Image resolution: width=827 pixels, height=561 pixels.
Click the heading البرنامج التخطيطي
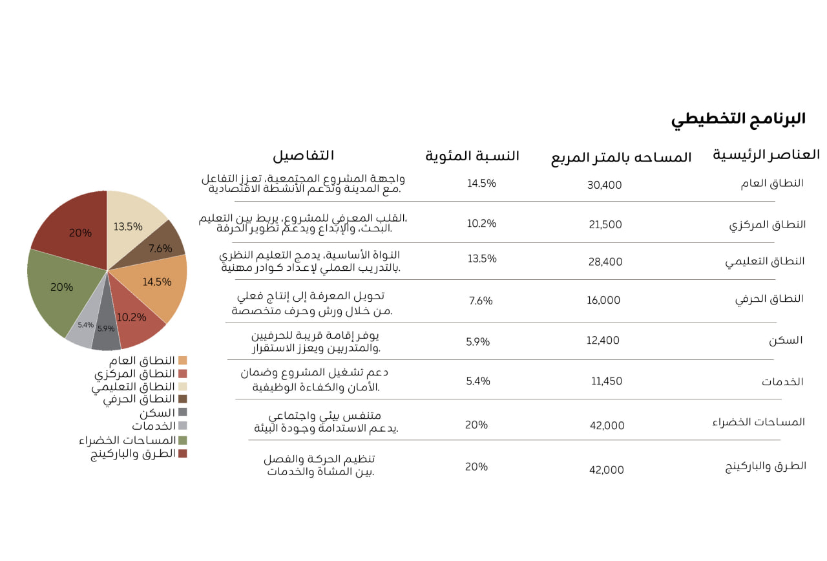(738, 120)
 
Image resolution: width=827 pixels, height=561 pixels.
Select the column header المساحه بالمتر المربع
(621, 158)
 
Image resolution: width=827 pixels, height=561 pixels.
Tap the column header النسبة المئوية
(472, 156)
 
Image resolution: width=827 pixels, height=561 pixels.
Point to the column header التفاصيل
(303, 156)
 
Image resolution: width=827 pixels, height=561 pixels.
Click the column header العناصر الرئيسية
(766, 155)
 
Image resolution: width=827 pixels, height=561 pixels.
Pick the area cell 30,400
(604, 185)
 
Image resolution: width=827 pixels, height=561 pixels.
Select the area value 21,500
(605, 225)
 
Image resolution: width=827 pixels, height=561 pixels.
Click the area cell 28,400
(605, 262)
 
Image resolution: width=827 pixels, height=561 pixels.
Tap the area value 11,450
(607, 381)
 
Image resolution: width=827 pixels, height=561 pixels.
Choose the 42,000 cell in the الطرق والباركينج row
(607, 470)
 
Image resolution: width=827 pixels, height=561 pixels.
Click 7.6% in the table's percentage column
(481, 301)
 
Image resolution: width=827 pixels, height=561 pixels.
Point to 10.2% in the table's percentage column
(481, 224)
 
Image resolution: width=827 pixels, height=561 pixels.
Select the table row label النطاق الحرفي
(769, 299)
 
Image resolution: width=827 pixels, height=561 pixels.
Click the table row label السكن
(786, 341)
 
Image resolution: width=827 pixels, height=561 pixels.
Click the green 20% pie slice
(61, 288)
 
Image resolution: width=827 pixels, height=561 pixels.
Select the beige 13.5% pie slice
(133, 223)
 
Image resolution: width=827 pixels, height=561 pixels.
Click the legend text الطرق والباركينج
(133, 453)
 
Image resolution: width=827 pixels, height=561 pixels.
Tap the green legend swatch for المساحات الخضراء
(182, 440)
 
